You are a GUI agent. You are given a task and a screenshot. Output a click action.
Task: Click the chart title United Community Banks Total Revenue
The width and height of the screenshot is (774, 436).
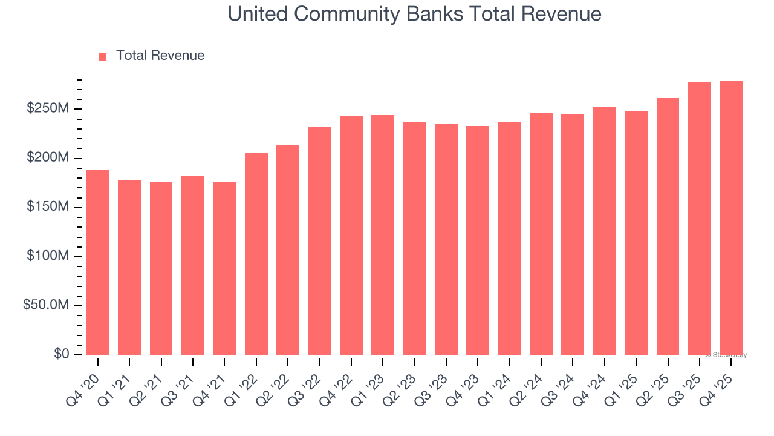(x=414, y=14)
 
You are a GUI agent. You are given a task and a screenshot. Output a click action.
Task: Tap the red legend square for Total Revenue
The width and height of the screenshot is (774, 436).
(x=103, y=56)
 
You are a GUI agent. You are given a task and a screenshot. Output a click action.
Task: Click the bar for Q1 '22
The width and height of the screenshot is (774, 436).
(x=256, y=254)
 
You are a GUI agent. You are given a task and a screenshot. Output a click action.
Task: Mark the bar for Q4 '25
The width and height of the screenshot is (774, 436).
(x=731, y=217)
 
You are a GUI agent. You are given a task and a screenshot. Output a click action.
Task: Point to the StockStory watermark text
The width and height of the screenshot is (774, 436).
(x=726, y=355)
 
